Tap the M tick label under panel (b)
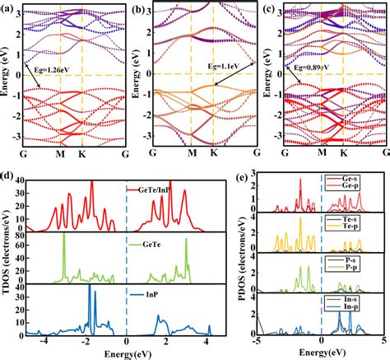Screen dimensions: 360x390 (x=190, y=153)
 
